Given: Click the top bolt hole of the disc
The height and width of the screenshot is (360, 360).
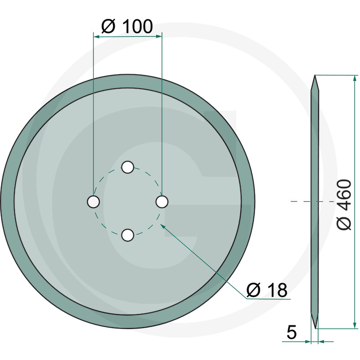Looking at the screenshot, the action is (128, 167).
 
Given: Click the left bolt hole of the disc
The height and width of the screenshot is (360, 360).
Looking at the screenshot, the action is (94, 202).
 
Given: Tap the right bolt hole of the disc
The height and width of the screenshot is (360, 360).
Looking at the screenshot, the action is (162, 202).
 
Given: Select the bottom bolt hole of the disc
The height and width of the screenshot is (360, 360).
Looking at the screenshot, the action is (128, 235).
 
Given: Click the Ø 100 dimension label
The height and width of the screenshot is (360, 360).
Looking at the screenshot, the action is (127, 26).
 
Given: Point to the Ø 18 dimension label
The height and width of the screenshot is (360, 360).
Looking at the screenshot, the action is (267, 290).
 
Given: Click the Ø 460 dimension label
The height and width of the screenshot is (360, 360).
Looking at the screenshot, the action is (344, 204).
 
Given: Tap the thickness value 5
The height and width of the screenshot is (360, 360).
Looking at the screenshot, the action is (292, 332).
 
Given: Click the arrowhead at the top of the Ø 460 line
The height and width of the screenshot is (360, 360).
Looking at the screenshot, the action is (355, 78).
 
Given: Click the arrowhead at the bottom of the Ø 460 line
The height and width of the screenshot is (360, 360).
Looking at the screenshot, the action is (355, 325).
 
